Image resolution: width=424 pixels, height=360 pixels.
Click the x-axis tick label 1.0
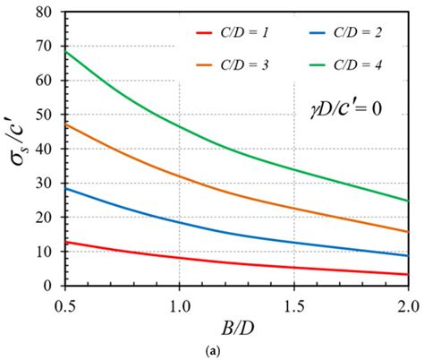coord(179,298)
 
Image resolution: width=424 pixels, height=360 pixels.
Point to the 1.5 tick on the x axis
coord(293,298)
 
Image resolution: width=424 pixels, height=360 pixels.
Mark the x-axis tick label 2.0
coord(406,298)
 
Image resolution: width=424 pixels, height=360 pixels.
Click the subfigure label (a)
coord(235,350)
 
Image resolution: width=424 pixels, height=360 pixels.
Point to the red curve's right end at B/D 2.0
coord(408,274)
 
